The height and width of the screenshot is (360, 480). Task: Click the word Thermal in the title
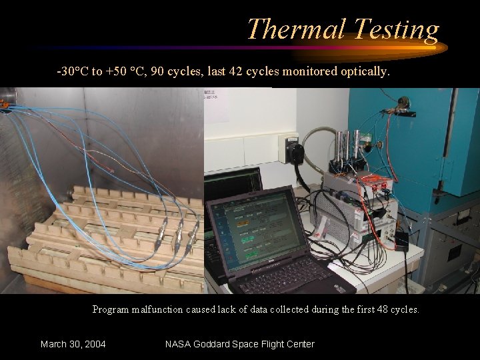[297, 29]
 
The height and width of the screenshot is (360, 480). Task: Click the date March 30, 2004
[73, 344]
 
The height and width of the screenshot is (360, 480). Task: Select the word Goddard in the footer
[219, 344]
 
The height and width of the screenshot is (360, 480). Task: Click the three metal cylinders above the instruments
[348, 147]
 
